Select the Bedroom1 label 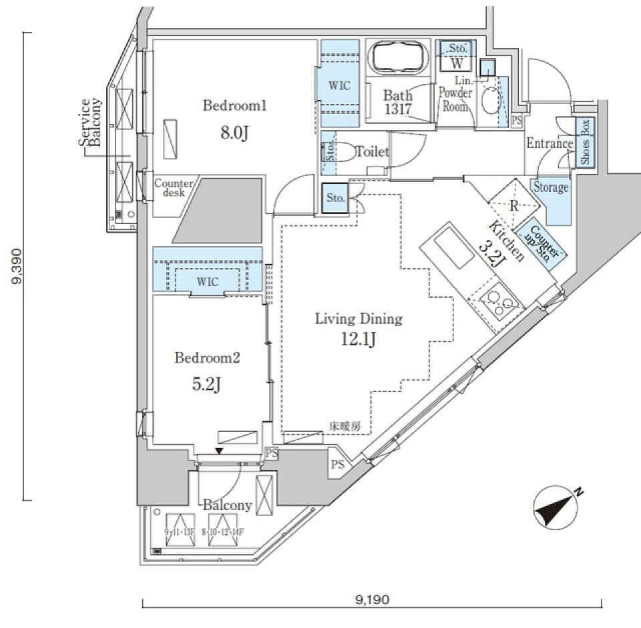point(226,105)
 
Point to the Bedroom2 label point(207,358)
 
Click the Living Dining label point(359,319)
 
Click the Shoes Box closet point(585,143)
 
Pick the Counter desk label point(174,187)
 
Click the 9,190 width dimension point(371,599)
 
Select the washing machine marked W point(457,64)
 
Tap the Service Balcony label point(89,123)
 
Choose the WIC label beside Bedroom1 point(339,85)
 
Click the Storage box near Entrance point(551,188)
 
